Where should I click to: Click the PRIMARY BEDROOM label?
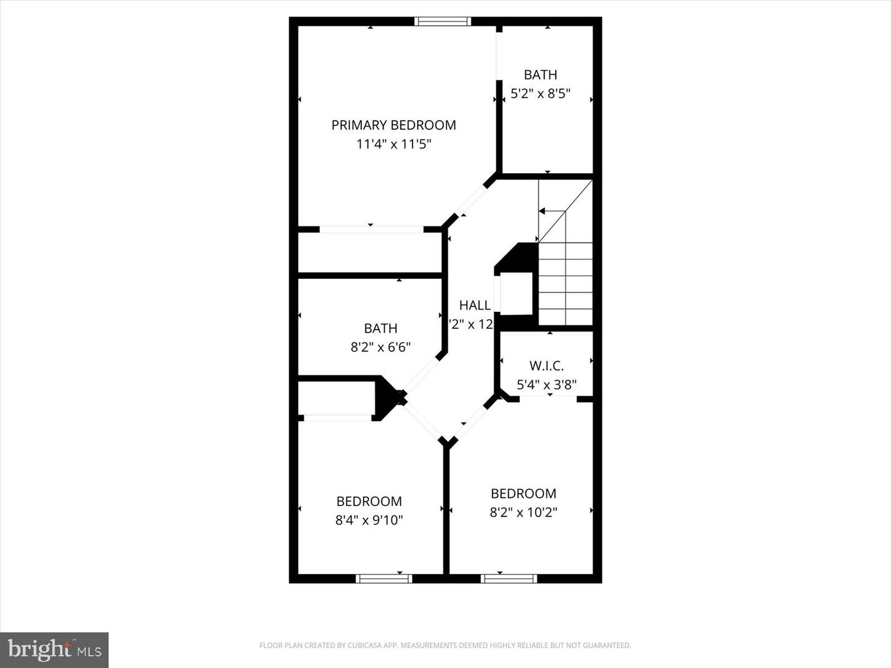click(394, 125)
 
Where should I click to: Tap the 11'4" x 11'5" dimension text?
click(394, 144)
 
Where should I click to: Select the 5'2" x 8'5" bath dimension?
click(540, 94)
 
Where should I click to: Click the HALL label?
click(475, 305)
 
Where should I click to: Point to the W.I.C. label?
click(546, 366)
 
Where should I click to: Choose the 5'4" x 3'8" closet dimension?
click(546, 385)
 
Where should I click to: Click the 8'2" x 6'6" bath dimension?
click(381, 347)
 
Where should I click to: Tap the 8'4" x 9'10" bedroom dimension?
click(369, 520)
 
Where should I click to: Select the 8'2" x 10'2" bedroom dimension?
click(523, 512)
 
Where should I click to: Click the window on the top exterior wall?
click(442, 22)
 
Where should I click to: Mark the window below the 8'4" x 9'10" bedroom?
click(384, 579)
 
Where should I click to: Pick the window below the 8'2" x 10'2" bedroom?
click(509, 579)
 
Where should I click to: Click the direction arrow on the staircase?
click(543, 211)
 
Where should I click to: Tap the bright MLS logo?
click(54, 649)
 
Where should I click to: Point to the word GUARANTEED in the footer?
click(609, 646)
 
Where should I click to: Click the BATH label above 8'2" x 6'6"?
click(381, 328)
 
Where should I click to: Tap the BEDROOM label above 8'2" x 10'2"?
click(523, 494)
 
